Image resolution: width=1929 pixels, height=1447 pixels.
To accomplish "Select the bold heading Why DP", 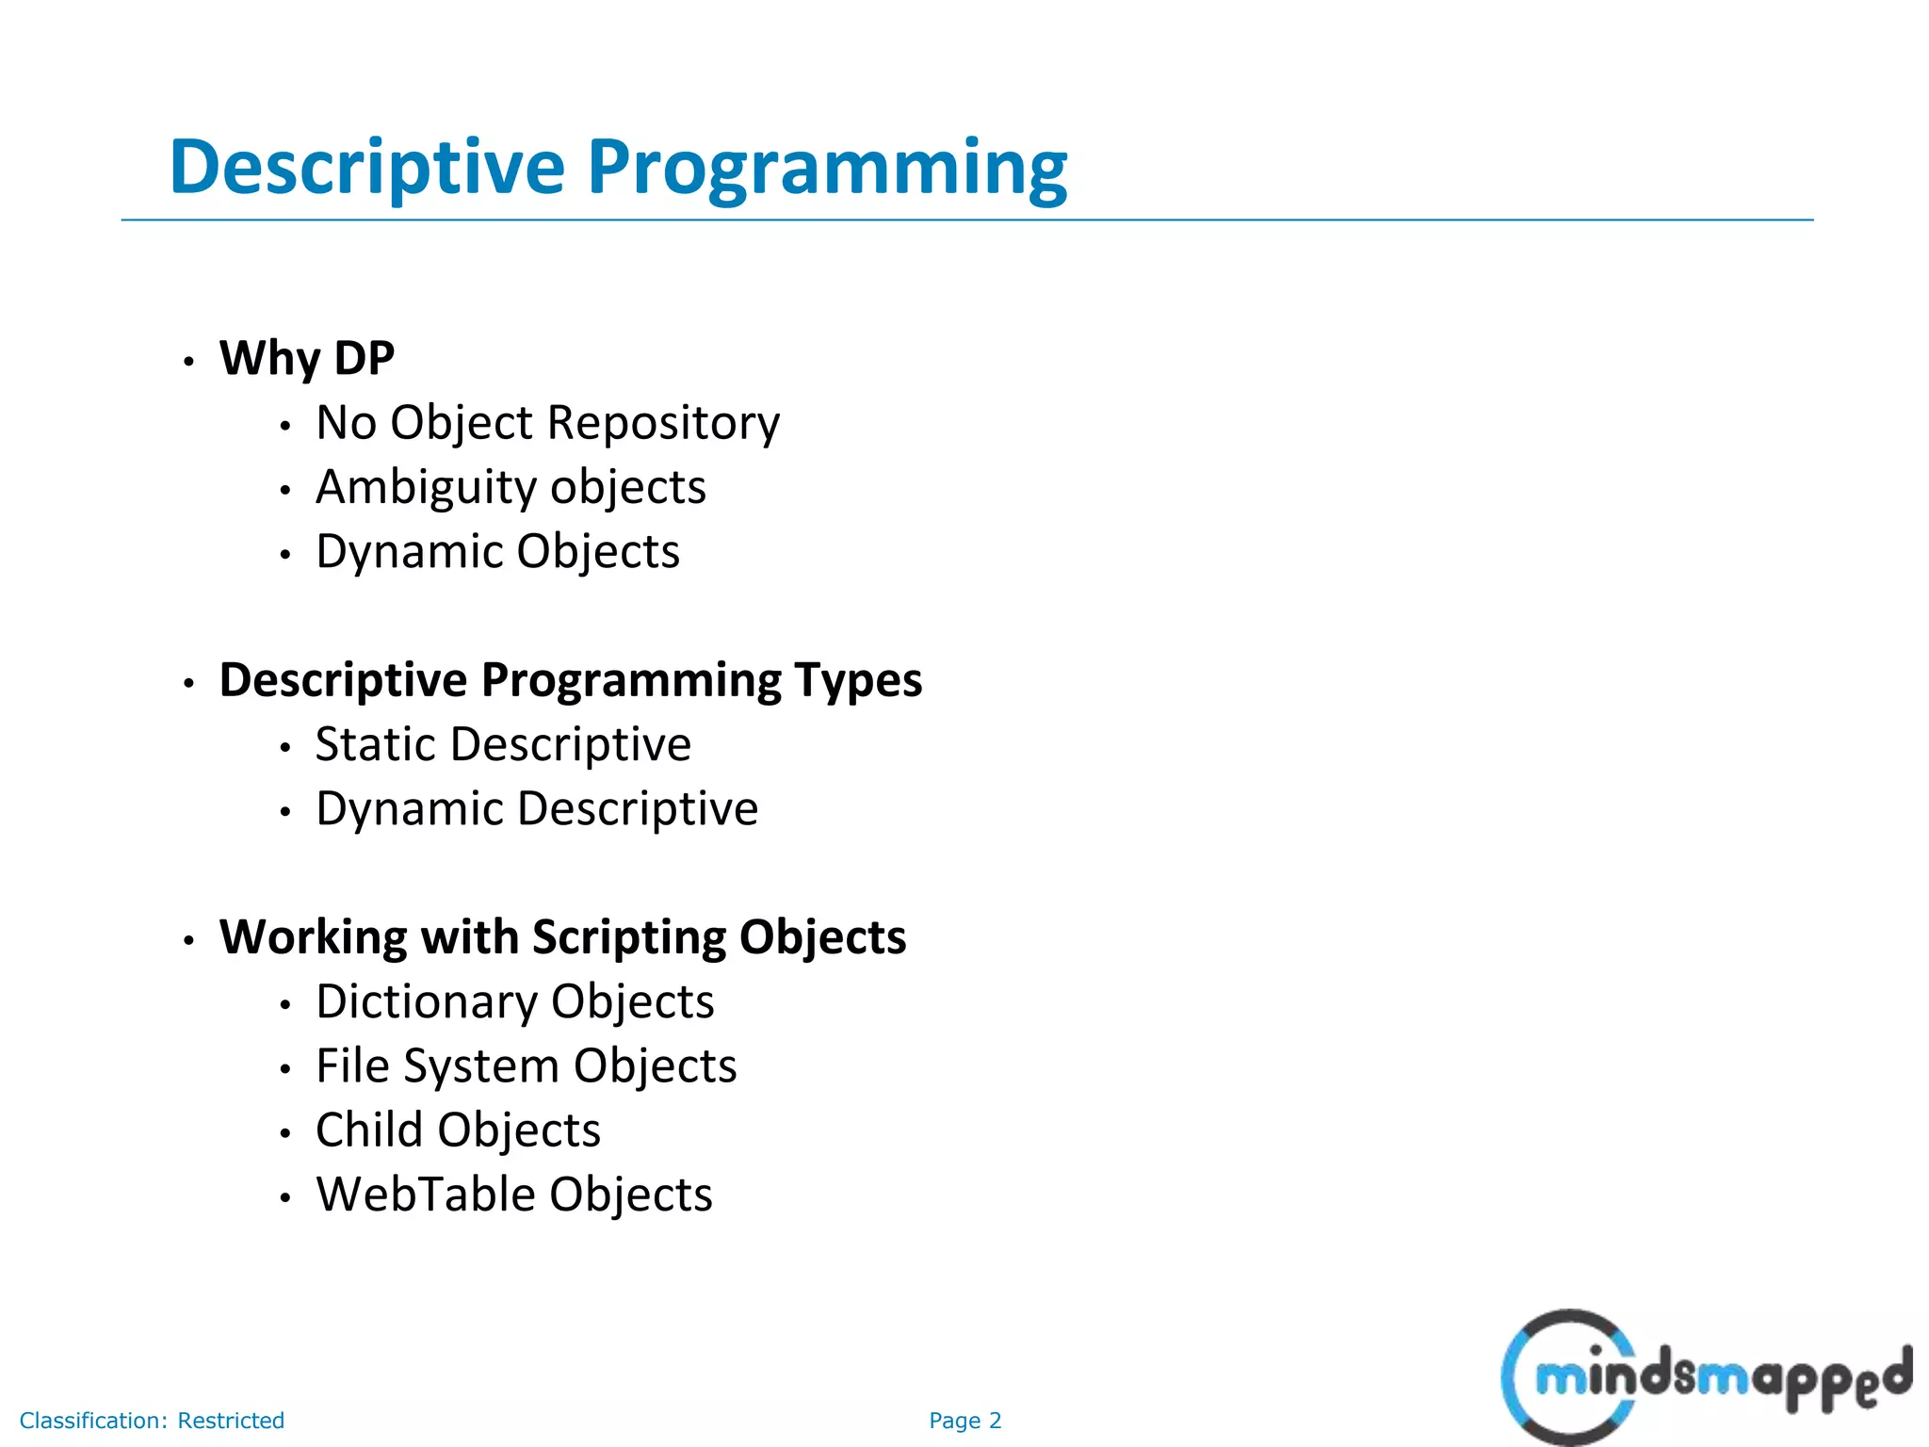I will (x=307, y=359).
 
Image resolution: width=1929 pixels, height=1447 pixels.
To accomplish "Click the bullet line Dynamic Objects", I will (x=497, y=552).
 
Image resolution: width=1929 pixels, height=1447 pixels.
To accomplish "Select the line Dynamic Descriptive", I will (x=537, y=809).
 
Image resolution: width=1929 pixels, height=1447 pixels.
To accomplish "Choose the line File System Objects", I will (x=526, y=1066).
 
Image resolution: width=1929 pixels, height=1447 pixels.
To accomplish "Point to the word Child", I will (x=368, y=1130).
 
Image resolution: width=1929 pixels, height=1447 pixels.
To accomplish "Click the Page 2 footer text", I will (x=964, y=1421).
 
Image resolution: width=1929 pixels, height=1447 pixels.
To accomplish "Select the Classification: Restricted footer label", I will (x=152, y=1421).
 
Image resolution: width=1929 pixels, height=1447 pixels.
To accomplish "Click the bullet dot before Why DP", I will (x=189, y=362).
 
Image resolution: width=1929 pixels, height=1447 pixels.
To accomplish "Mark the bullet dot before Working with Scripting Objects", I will (x=189, y=940).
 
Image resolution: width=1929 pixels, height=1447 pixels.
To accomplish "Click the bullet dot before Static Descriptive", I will (x=285, y=748).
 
